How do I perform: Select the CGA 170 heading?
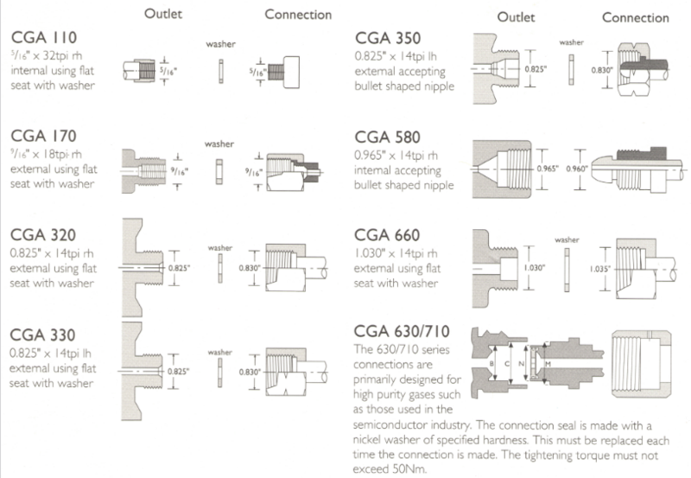click(44, 136)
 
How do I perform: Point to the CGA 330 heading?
click(44, 335)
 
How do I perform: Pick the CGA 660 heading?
click(390, 234)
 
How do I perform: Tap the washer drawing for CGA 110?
click(222, 67)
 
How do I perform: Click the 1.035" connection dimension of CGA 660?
click(598, 269)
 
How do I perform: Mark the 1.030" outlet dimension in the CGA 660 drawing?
click(533, 268)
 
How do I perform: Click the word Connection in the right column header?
click(635, 17)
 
